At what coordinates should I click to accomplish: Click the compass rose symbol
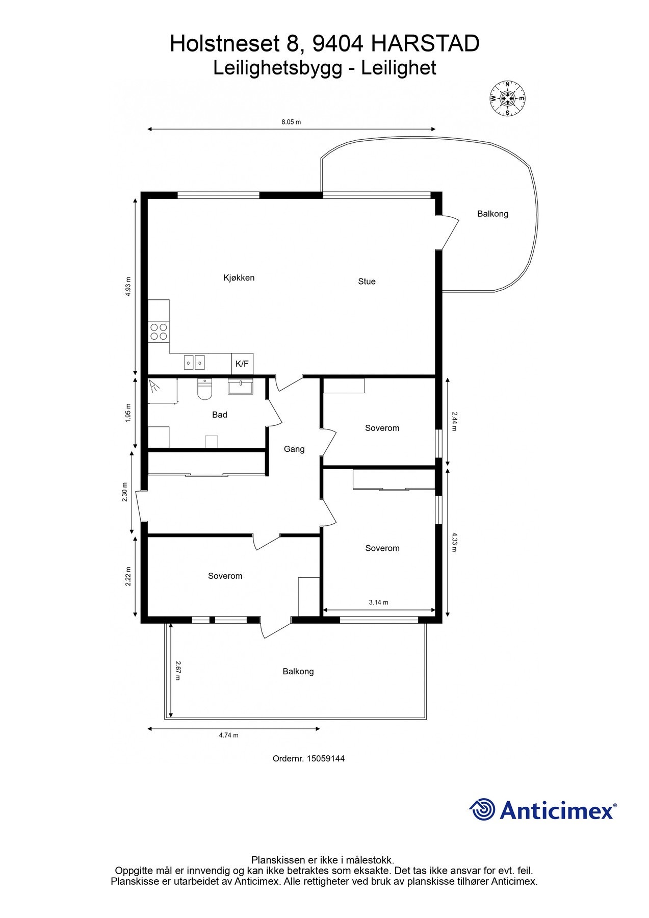507,98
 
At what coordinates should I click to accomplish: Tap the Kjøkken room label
239,278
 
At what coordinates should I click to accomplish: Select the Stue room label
367,282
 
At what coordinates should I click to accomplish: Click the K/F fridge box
242,364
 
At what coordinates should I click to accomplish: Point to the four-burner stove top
159,332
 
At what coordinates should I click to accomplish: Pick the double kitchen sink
194,363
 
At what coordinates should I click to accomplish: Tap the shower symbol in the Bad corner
154,386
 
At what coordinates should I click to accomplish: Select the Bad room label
220,415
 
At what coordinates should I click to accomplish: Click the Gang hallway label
294,449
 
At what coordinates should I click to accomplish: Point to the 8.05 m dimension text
291,122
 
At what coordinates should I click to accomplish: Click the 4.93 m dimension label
128,287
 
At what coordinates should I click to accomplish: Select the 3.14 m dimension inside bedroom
378,603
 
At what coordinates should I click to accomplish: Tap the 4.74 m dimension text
228,735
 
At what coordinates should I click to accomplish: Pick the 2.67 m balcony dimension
178,671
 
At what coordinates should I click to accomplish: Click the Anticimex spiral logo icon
482,809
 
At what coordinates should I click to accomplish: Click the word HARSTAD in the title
425,44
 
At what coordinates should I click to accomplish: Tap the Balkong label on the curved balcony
492,214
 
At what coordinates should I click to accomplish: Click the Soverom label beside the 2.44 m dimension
382,428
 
